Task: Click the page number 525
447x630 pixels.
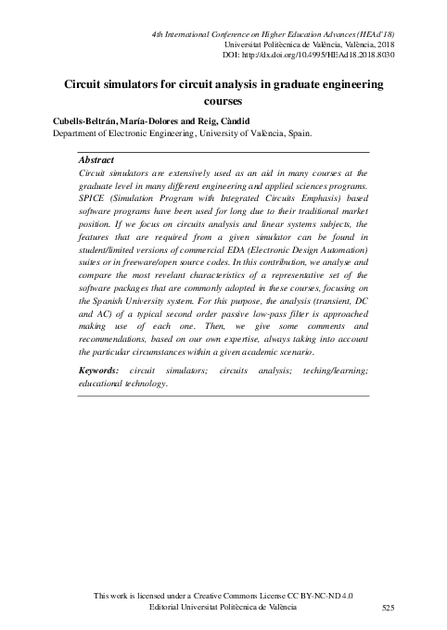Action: (x=390, y=607)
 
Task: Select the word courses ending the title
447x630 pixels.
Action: (x=221, y=101)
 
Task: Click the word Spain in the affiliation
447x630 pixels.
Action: (x=297, y=133)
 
